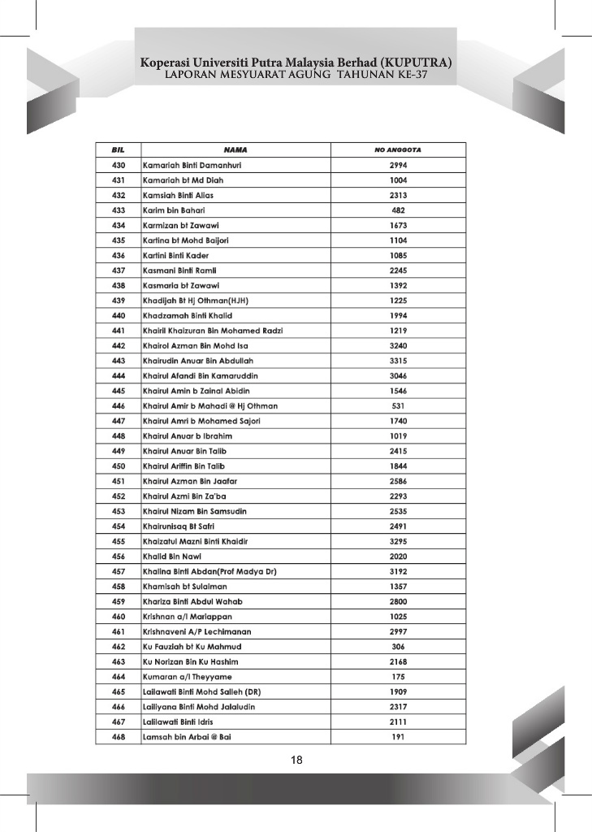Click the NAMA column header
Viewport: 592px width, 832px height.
(235, 149)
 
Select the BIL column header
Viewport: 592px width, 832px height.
(117, 149)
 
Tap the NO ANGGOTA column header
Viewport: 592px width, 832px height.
(398, 149)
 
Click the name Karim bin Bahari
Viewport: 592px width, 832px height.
(173, 210)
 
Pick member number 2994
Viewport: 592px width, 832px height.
(398, 165)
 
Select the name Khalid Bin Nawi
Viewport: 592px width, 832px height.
(171, 557)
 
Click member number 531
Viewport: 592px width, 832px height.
(398, 405)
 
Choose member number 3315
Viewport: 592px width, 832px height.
(398, 360)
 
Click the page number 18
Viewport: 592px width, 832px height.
(296, 760)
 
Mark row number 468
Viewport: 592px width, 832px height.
(117, 737)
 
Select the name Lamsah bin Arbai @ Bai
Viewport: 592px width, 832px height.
(187, 737)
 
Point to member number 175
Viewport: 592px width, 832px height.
(398, 677)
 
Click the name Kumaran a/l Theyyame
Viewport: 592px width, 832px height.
(187, 677)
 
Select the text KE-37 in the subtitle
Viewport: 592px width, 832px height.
(408, 75)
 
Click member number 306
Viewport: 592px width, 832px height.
(398, 647)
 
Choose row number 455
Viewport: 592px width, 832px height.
(117, 541)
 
